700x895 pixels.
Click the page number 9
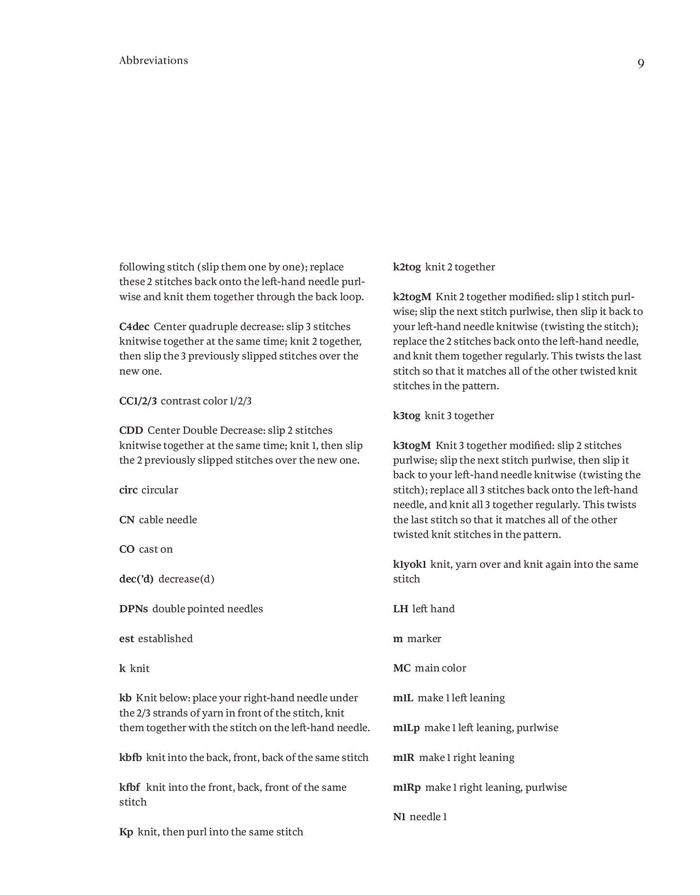640,63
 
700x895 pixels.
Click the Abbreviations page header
154,61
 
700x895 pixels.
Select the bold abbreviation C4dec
134,327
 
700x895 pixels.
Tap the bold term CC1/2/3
138,401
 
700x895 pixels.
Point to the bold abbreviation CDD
131,430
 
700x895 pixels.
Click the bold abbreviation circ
128,490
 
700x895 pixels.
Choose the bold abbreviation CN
127,520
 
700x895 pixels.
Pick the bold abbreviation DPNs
133,609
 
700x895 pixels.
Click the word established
166,639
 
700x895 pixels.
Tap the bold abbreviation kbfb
131,758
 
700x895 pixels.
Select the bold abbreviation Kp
126,832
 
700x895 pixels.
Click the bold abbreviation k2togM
412,297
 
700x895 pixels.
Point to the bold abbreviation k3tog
406,416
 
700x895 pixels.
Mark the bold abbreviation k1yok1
410,564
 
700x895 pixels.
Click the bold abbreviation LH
400,609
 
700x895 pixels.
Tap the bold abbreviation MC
402,668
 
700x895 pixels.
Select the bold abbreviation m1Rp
406,788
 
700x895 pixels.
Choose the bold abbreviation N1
399,817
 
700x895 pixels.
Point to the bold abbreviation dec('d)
136,579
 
